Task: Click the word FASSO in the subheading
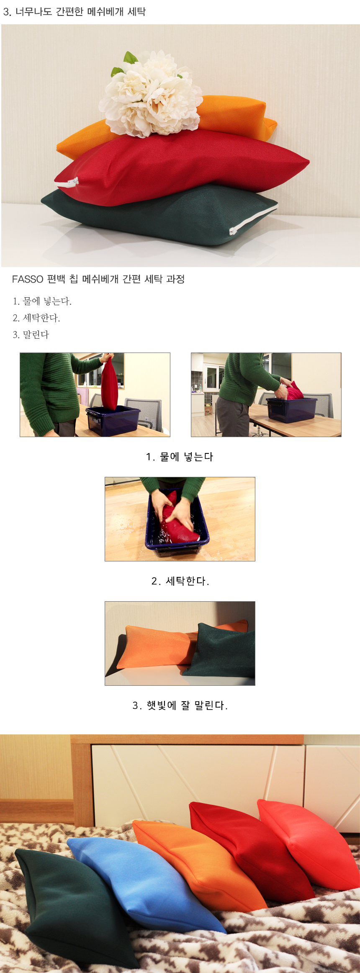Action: (x=28, y=279)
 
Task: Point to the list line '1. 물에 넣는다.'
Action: (x=42, y=301)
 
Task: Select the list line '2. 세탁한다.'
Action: (x=36, y=318)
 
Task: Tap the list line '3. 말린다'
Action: (x=31, y=335)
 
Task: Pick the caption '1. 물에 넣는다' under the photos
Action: (x=180, y=457)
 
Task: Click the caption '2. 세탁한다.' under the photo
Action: (x=180, y=581)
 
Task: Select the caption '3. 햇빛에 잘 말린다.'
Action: (x=180, y=705)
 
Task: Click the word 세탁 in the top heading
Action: (x=136, y=11)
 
